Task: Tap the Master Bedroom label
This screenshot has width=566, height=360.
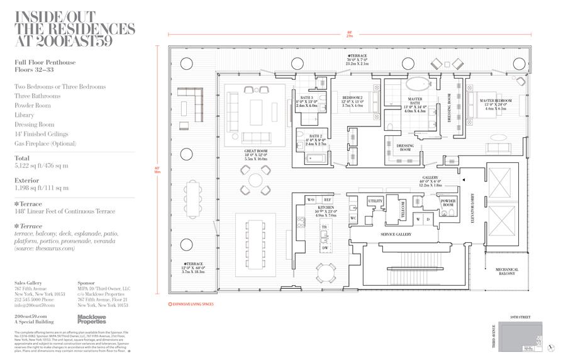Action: (x=495, y=101)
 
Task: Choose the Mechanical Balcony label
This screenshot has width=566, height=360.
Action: (x=506, y=272)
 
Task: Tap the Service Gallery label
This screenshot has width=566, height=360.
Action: (x=395, y=234)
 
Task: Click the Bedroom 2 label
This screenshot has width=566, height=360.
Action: (x=352, y=98)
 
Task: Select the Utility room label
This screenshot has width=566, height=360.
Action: (x=375, y=201)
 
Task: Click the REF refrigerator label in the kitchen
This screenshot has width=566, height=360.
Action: (x=327, y=200)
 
